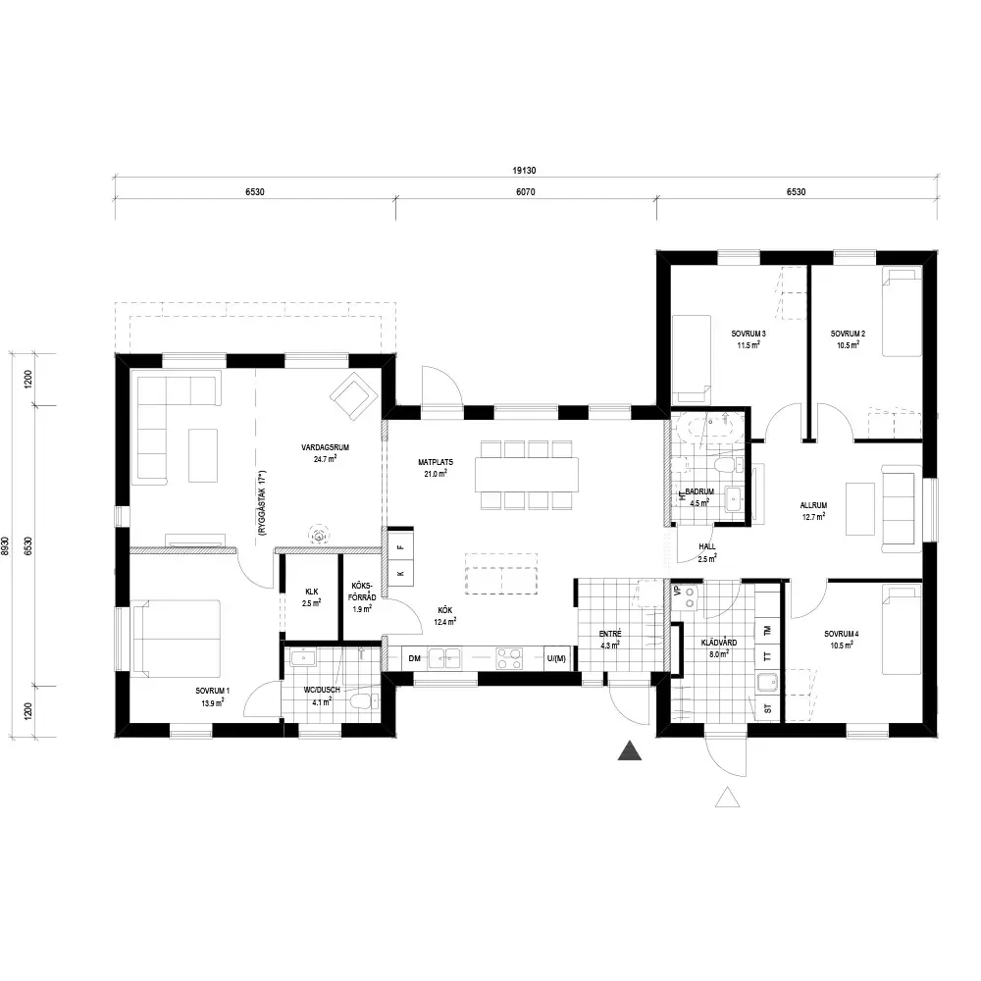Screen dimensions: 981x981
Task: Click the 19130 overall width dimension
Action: coord(524,170)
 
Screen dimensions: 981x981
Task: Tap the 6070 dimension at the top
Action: coord(526,192)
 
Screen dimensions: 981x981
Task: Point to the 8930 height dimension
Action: coord(6,545)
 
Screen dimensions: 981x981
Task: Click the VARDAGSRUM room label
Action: coord(326,448)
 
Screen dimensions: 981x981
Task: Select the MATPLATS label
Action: coord(436,462)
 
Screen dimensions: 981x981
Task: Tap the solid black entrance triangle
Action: coord(630,750)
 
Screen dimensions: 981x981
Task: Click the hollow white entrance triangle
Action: coord(727,797)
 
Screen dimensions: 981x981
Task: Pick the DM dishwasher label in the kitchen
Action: coord(414,658)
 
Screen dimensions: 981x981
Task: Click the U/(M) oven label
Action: coord(556,658)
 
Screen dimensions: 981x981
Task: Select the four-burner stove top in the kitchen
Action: coord(508,658)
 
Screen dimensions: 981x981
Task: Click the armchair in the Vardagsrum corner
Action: coord(354,396)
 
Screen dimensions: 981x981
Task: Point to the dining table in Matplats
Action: coord(527,475)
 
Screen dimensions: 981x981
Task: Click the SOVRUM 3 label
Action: coord(749,335)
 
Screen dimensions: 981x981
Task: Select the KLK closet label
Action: coord(312,592)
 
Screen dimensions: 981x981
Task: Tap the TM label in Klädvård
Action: coord(768,631)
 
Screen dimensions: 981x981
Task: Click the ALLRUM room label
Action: coord(813,505)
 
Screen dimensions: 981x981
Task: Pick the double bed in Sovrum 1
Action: coord(177,639)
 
